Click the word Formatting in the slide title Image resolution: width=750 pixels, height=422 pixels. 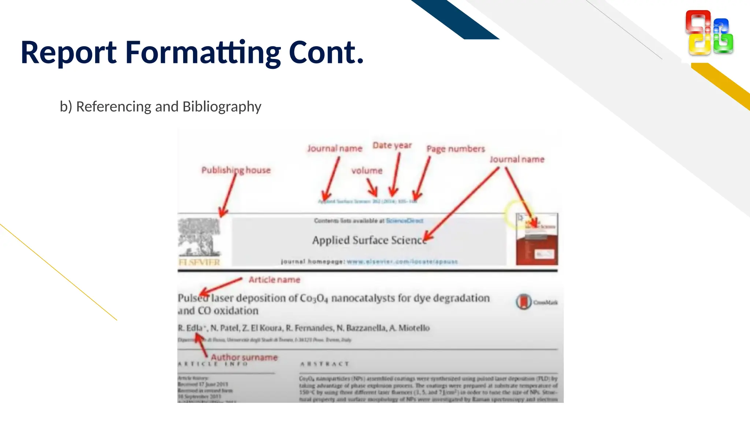[x=203, y=52]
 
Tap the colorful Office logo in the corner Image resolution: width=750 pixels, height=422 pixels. [x=709, y=33]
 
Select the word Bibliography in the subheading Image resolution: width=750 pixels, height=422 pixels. [x=222, y=107]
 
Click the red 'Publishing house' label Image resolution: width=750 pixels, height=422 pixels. [x=236, y=170]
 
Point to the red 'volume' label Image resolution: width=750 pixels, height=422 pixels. [x=367, y=171]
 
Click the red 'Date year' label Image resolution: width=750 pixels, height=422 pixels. [x=392, y=145]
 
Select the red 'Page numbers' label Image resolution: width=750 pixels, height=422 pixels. [x=456, y=149]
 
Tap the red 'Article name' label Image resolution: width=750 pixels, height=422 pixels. [x=274, y=280]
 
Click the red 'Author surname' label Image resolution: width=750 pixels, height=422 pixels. [x=244, y=357]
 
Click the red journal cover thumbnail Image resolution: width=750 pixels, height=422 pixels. [x=537, y=239]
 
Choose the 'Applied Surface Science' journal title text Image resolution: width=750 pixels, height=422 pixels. [x=369, y=240]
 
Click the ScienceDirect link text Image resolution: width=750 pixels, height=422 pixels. [x=405, y=221]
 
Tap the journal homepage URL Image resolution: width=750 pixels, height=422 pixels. [x=402, y=262]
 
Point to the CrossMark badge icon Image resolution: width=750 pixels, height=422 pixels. [x=524, y=302]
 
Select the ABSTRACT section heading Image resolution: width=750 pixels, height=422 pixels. [x=324, y=364]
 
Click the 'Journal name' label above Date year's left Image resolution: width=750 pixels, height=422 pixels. [x=335, y=148]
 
